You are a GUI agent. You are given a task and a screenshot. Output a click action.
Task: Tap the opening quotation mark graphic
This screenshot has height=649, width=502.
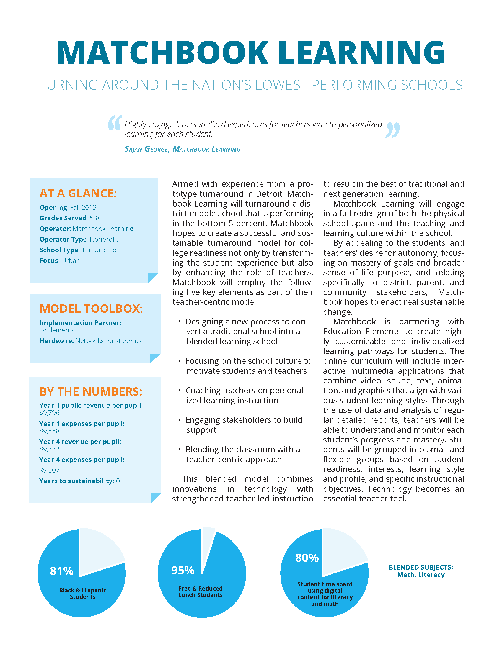pyautogui.click(x=115, y=123)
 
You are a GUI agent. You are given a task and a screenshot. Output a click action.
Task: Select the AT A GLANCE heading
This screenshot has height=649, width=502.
pyautogui.click(x=78, y=194)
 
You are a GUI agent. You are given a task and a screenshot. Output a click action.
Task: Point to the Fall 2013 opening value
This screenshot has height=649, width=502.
pyautogui.click(x=83, y=207)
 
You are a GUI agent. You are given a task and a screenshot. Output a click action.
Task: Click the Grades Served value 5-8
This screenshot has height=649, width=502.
pyautogui.click(x=94, y=218)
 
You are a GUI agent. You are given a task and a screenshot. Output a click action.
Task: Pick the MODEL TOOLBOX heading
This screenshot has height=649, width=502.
pyautogui.click(x=91, y=309)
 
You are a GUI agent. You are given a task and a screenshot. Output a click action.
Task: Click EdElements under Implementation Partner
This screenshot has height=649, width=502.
pyautogui.click(x=57, y=330)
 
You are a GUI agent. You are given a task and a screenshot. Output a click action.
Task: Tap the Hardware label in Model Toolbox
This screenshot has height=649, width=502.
pyautogui.click(x=56, y=341)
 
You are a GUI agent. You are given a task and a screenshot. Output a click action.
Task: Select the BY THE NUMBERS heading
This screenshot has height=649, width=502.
pyautogui.click(x=91, y=392)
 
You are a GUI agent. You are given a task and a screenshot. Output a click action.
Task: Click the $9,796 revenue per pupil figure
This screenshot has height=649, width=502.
pyautogui.click(x=49, y=413)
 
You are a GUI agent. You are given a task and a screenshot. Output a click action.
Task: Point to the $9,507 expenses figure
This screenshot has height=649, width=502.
pyautogui.click(x=49, y=470)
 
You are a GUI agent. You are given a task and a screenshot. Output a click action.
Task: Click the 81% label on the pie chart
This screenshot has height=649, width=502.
pyautogui.click(x=61, y=571)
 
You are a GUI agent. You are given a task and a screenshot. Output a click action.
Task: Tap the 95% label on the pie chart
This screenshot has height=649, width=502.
pyautogui.click(x=182, y=570)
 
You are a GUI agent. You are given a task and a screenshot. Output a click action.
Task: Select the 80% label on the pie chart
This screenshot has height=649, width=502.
pyautogui.click(x=307, y=558)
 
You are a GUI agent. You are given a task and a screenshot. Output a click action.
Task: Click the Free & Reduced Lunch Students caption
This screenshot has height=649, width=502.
pyautogui.click(x=201, y=592)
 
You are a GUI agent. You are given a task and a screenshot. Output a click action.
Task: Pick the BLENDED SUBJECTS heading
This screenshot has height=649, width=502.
pyautogui.click(x=420, y=567)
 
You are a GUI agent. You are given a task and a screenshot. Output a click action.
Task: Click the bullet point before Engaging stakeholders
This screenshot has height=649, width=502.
pyautogui.click(x=180, y=419)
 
